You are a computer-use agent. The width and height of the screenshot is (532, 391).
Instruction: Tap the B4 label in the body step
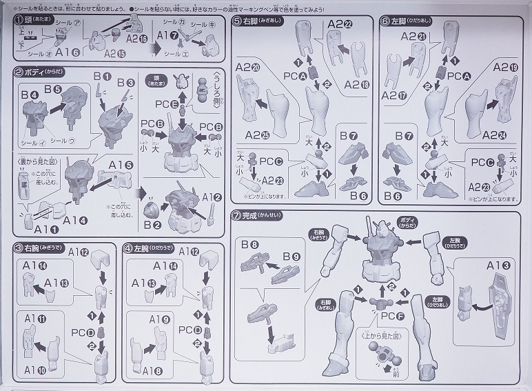point(29,94)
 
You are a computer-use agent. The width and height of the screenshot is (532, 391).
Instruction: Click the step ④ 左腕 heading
point(146,248)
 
